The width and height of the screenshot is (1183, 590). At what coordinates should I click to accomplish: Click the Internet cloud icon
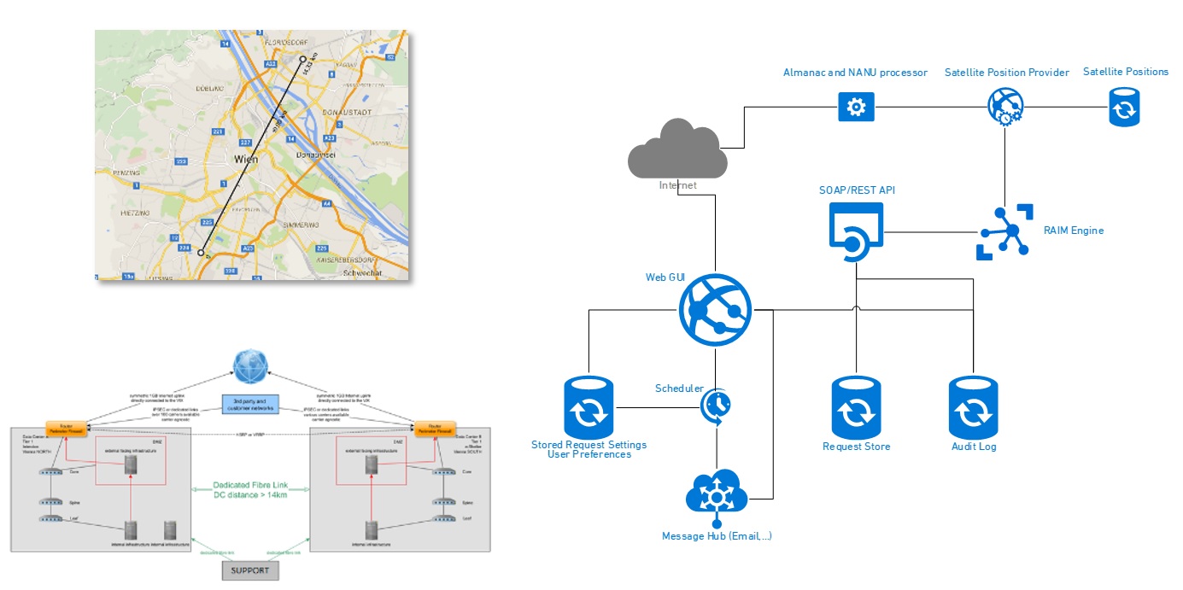677,150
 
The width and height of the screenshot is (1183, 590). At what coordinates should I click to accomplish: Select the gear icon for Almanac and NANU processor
856,107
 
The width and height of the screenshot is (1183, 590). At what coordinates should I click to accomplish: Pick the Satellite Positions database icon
1125,108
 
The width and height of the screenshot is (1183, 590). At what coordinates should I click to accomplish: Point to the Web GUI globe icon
716,309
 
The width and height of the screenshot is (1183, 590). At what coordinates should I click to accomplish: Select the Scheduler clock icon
716,406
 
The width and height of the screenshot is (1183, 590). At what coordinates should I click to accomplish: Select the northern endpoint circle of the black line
302,60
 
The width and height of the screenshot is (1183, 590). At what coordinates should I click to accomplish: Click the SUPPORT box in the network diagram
250,570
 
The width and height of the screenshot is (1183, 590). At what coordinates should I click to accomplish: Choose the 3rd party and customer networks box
250,404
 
